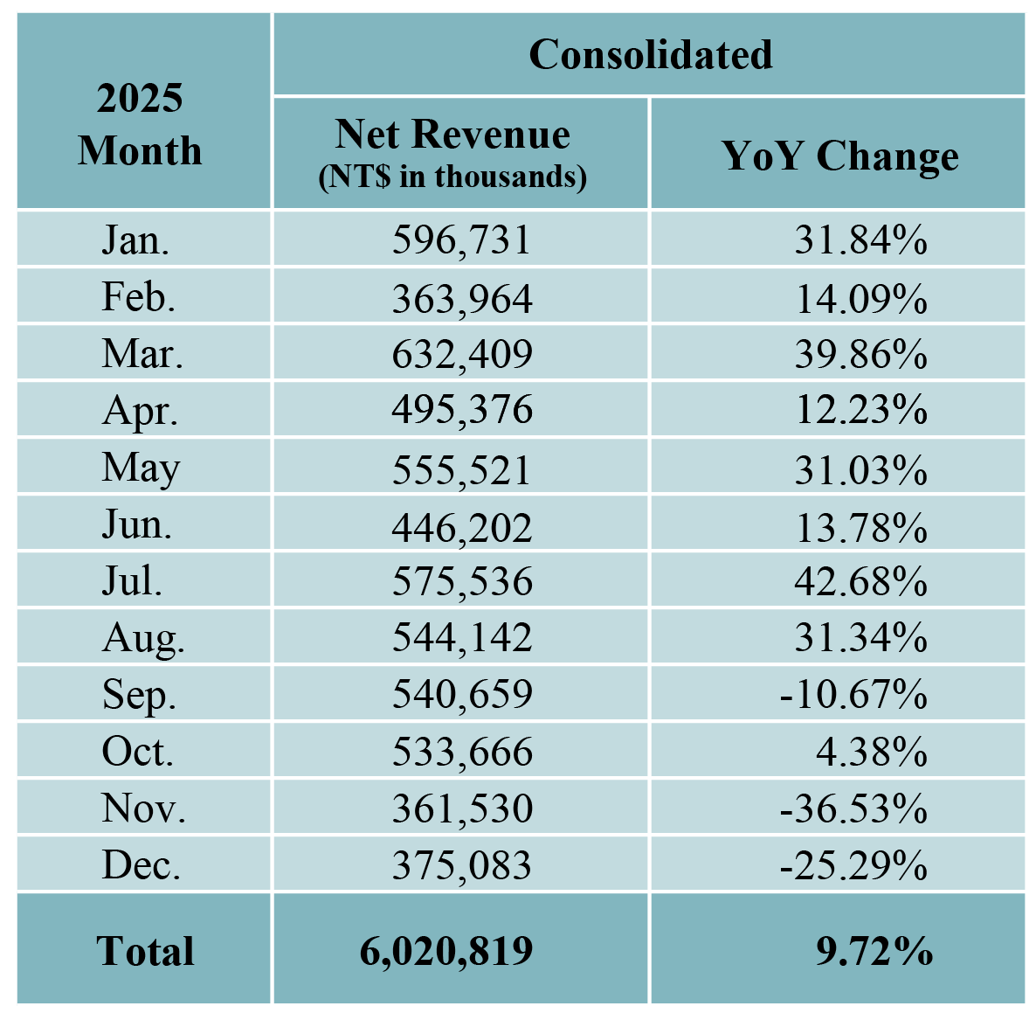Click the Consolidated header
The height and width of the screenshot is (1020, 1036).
pyautogui.click(x=650, y=54)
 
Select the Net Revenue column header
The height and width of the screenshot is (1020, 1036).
pyautogui.click(x=452, y=135)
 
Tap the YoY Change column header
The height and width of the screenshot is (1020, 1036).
pyautogui.click(x=839, y=156)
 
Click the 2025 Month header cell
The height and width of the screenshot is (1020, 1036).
pyautogui.click(x=140, y=124)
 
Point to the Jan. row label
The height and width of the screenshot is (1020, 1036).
pyautogui.click(x=135, y=239)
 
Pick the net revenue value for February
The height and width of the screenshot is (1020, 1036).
pyautogui.click(x=461, y=299)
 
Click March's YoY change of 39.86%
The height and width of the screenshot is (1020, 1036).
pyautogui.click(x=860, y=354)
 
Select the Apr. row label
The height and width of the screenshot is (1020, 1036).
pyautogui.click(x=140, y=410)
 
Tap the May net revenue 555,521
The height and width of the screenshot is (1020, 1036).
pyautogui.click(x=461, y=469)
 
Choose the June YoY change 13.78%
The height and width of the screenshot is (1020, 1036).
pyautogui.click(x=860, y=527)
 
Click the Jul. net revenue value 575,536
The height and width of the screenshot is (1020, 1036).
pyautogui.click(x=461, y=582)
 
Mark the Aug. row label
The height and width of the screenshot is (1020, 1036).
pyautogui.click(x=143, y=639)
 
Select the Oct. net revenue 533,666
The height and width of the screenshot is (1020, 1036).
pyautogui.click(x=461, y=752)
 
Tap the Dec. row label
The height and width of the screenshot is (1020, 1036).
pyautogui.click(x=141, y=865)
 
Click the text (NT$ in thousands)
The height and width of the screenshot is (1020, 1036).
pyautogui.click(x=452, y=177)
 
